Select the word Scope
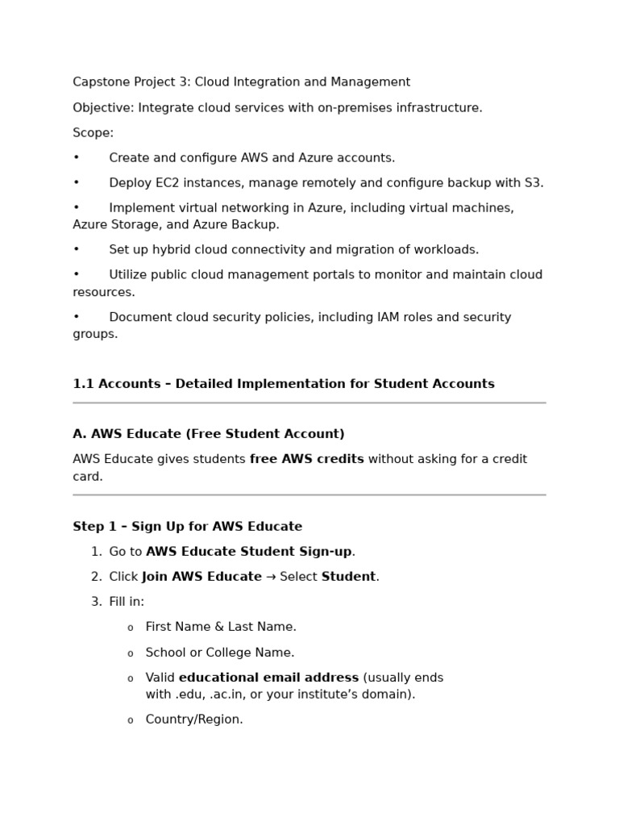point(92,133)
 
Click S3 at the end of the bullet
point(533,183)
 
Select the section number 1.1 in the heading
point(82,384)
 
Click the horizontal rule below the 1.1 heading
point(309,403)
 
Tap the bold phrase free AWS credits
point(306,460)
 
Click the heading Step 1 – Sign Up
point(187,527)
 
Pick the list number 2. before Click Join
point(96,577)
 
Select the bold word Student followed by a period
point(348,577)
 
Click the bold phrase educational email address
point(268,678)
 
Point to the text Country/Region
point(193,720)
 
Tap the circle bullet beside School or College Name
point(131,653)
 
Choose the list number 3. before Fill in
point(96,602)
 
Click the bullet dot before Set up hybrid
point(77,250)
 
